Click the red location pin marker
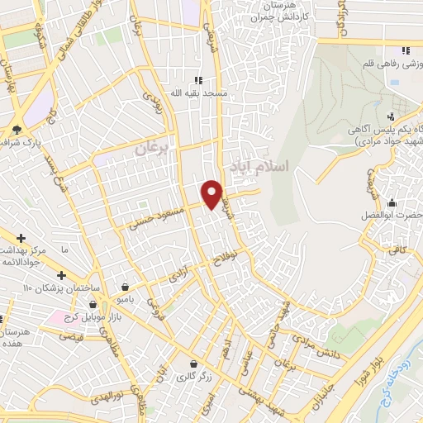212,193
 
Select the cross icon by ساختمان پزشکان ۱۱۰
61,274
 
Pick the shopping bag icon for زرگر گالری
193,364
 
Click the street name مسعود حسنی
151,218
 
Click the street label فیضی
74,337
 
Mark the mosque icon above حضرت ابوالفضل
391,203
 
